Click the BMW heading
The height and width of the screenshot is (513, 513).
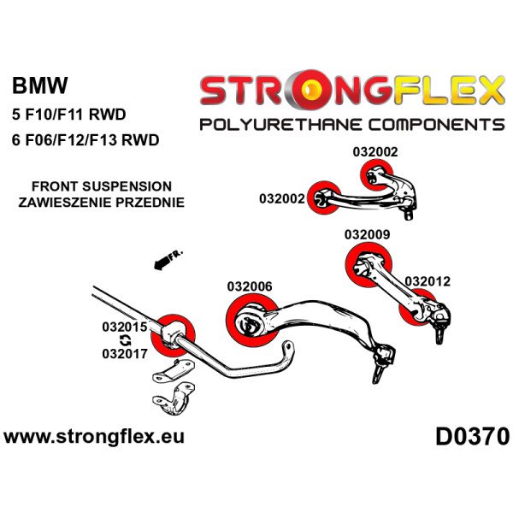(x=41, y=85)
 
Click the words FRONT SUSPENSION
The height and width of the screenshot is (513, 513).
(x=101, y=186)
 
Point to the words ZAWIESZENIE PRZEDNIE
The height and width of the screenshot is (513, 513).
(x=101, y=203)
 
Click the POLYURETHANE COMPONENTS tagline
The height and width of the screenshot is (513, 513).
(x=351, y=125)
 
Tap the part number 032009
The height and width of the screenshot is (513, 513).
(x=368, y=233)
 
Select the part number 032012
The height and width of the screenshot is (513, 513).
(x=427, y=280)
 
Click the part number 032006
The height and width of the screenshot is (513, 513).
(x=250, y=287)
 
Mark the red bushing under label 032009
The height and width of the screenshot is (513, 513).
(x=365, y=260)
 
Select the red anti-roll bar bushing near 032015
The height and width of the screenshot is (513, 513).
(x=179, y=333)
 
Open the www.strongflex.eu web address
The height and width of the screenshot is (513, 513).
(x=94, y=437)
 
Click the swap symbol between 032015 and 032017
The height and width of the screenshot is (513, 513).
(x=126, y=339)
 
